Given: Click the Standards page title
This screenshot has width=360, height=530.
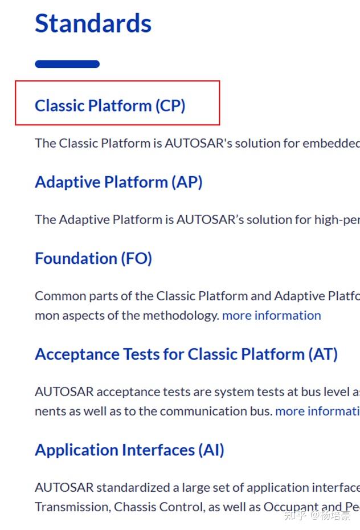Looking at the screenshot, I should coord(93,24).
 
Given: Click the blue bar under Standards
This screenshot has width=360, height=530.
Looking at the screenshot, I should coord(67,64).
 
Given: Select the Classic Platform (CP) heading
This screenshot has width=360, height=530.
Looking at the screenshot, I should coord(110,105).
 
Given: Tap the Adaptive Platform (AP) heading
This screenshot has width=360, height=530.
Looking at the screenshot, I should coord(118,182).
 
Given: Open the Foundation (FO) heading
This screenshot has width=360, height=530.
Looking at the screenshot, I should coord(93,258).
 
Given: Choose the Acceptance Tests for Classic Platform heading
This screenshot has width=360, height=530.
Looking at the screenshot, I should coord(186,354).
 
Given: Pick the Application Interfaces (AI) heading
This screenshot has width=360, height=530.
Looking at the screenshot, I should coord(129,450).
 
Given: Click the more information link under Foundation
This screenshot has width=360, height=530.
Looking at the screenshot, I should coord(271,315).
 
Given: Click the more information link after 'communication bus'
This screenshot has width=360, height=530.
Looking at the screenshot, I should coord(317,411).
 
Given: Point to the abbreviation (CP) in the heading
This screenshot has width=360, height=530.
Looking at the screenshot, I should coord(170,105).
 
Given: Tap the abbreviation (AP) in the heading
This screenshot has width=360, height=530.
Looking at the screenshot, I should coord(187,182).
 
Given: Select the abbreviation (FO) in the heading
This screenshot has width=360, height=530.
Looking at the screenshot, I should coord(136,258).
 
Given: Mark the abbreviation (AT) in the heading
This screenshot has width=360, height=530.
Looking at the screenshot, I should coord(323,354).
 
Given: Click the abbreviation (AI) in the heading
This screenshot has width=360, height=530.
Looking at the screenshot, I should coord(211,450).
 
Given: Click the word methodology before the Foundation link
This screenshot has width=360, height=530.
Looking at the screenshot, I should coord(181,315).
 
